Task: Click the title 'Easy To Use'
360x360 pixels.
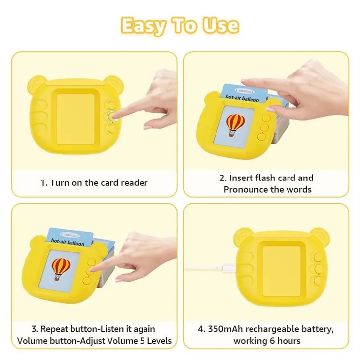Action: (180, 25)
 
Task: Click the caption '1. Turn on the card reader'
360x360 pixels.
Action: (94, 182)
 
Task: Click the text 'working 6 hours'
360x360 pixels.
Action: (267, 340)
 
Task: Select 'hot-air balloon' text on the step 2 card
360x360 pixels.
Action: (242, 98)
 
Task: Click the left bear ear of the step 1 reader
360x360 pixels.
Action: (36, 82)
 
